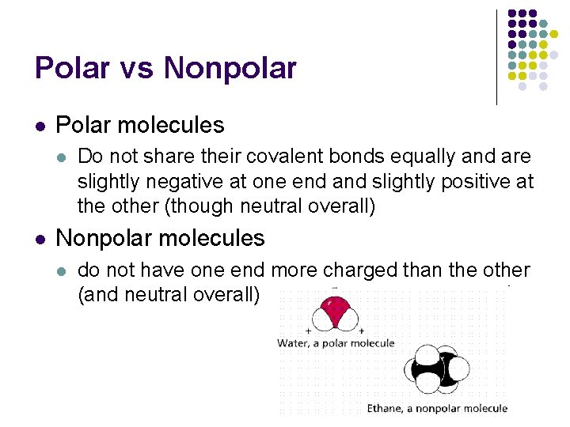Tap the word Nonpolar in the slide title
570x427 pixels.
coord(230,68)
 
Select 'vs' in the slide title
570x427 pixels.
coord(135,70)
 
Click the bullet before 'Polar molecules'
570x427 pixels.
coord(40,126)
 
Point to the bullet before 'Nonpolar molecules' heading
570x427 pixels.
coord(40,238)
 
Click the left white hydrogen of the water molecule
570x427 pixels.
coord(321,318)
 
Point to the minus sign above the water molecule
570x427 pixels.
coord(335,288)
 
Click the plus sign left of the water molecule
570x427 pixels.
coord(308,330)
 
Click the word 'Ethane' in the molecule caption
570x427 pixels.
coord(385,408)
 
